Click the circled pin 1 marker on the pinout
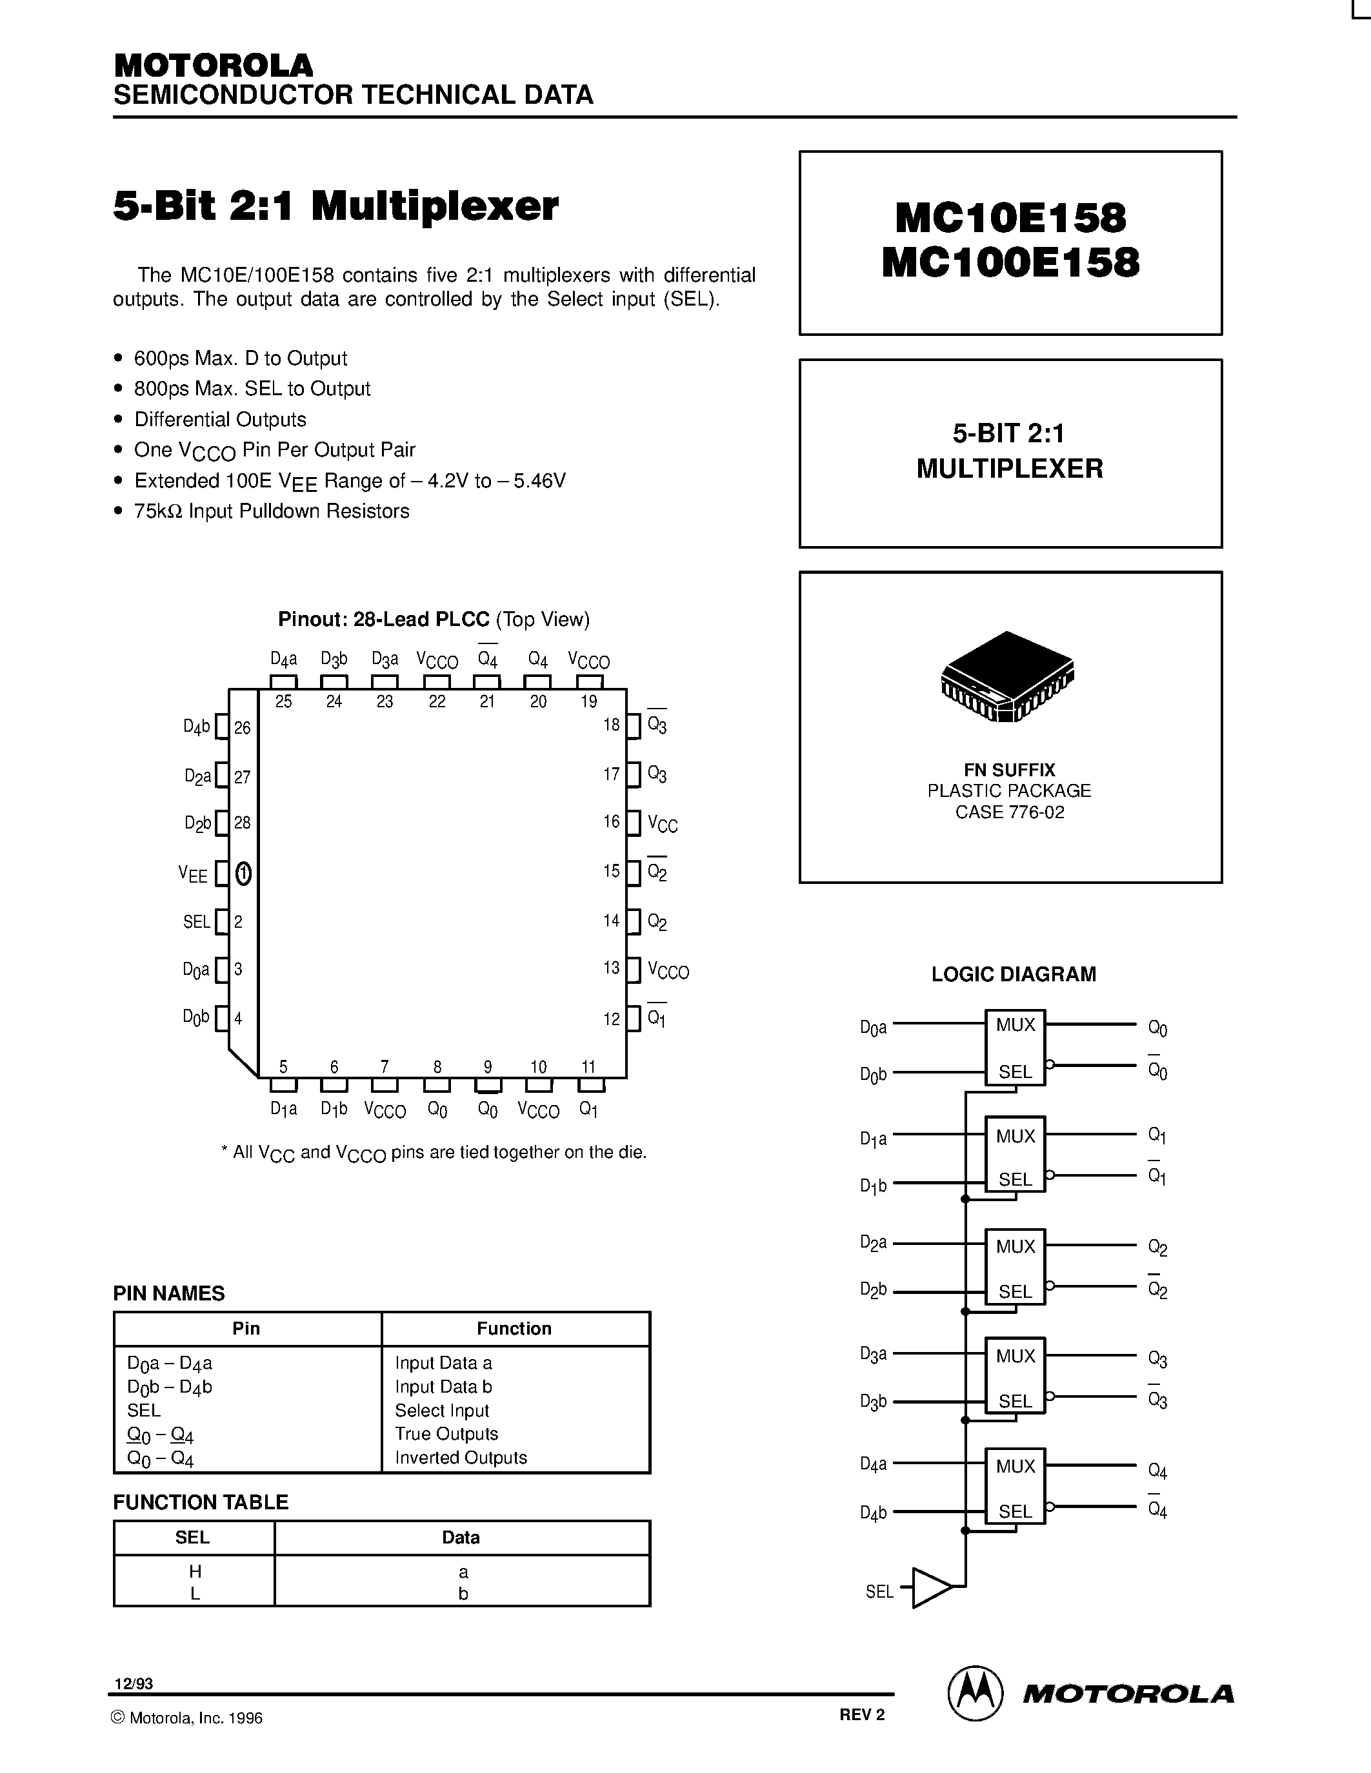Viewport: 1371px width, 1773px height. tap(243, 874)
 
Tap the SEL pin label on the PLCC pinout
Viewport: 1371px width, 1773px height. tap(197, 922)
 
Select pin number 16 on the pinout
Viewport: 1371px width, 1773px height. tap(612, 821)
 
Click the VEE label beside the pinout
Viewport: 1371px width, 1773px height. tap(194, 874)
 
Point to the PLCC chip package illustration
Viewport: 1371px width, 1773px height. tap(1007, 676)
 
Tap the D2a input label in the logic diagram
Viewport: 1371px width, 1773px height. tap(873, 1243)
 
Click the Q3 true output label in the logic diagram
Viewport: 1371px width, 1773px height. tap(1157, 1359)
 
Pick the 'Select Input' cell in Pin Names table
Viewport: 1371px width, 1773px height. tap(442, 1411)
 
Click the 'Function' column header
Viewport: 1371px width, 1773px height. tap(514, 1329)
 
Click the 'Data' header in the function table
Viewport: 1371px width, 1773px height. tap(461, 1538)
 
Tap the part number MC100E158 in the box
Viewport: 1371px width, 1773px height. tap(1010, 263)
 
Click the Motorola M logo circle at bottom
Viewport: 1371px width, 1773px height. tap(973, 1694)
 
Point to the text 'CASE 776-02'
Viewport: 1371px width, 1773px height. tap(1010, 812)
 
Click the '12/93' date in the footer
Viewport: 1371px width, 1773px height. tap(133, 1683)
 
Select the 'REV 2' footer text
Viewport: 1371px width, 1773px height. tap(862, 1714)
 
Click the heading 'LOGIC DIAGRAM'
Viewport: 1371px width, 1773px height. tap(1014, 974)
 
